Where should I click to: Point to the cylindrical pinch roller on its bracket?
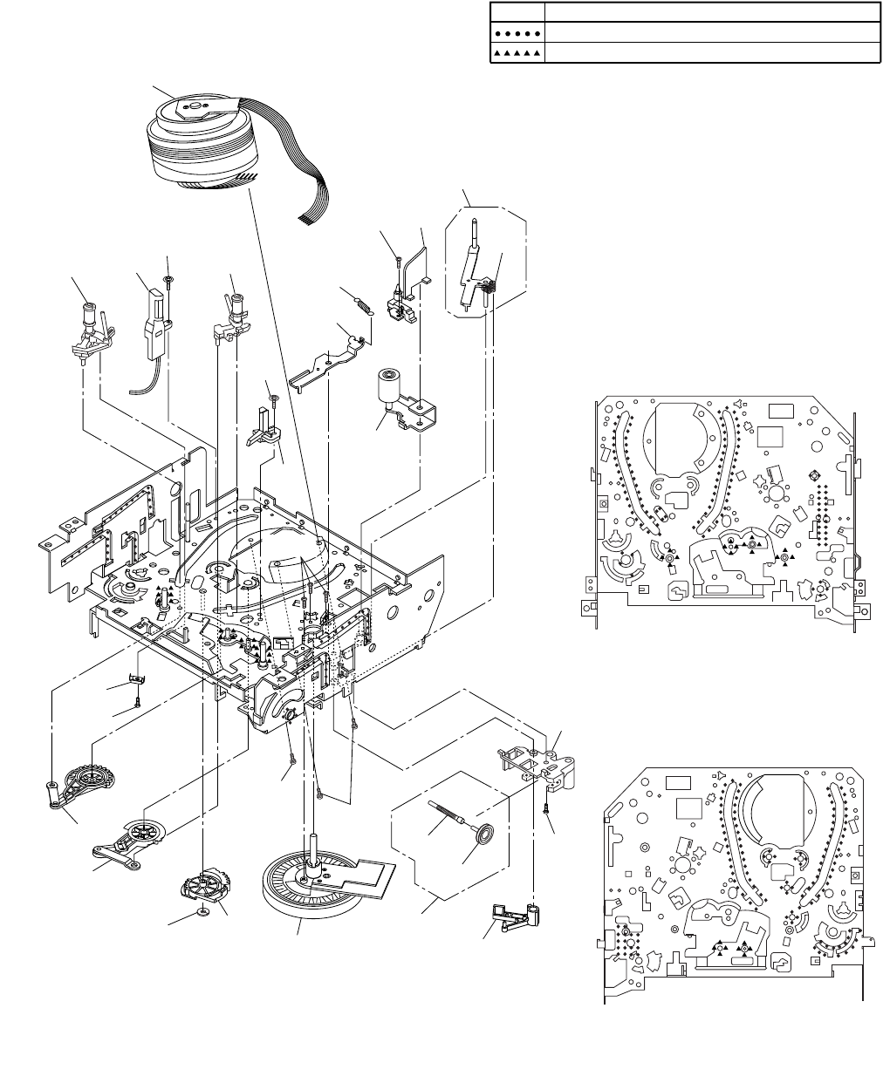389,385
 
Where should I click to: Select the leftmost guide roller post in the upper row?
89,327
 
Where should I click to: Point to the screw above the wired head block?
169,277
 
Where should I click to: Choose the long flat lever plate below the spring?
327,358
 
